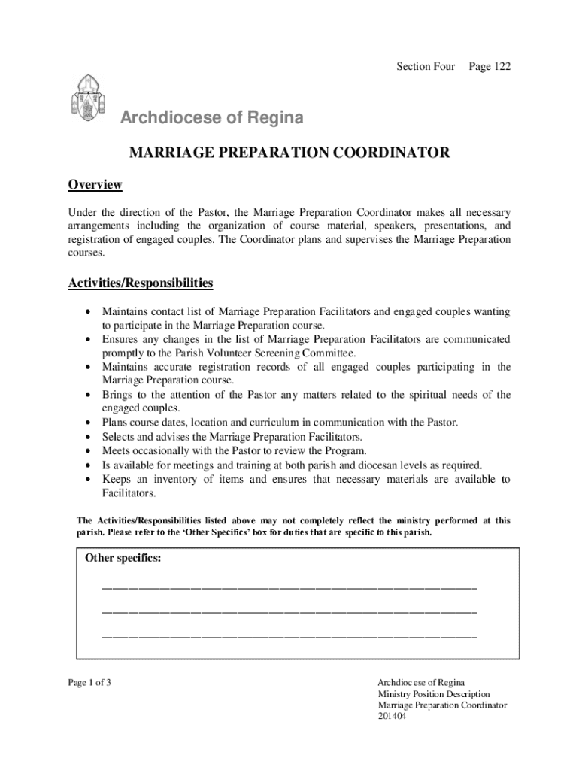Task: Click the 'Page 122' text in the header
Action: tap(490, 67)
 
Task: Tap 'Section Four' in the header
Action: tap(426, 67)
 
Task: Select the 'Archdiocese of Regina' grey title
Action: tap(214, 118)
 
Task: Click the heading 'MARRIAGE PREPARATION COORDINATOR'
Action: tap(289, 153)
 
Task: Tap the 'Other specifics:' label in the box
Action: tap(123, 559)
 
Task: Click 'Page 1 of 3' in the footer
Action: tap(89, 683)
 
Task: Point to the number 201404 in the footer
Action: tap(392, 717)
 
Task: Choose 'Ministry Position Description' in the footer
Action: tap(433, 694)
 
